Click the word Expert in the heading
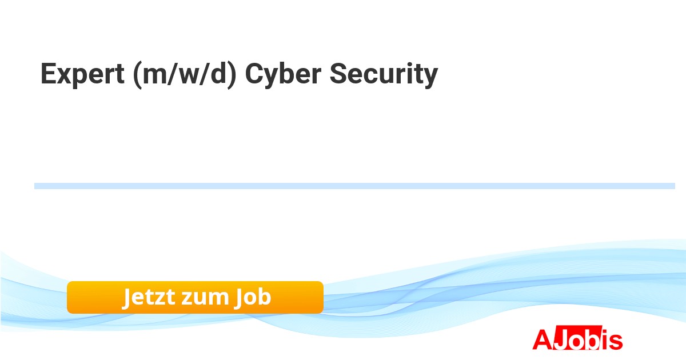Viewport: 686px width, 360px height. tap(82, 74)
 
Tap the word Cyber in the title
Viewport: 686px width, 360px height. tap(284, 74)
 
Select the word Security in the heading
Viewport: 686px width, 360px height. tap(384, 74)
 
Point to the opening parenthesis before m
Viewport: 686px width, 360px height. tap(138, 75)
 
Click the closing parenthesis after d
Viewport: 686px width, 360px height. tap(232, 75)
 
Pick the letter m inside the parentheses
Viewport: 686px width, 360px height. tap(155, 76)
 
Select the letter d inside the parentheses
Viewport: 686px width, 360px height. tap(218, 74)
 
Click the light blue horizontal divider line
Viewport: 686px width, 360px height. tap(354, 186)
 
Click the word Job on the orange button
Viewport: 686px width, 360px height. tap(253, 297)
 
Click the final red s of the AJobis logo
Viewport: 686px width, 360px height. tap(615, 342)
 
